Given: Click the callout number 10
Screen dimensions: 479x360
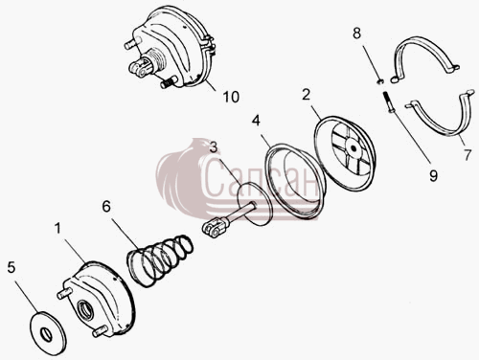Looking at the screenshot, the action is coord(231,97).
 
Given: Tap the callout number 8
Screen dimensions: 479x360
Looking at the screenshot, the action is coord(356,33).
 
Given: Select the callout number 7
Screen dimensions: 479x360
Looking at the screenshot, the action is coord(468,155).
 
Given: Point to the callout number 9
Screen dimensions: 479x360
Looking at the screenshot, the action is coord(433,175).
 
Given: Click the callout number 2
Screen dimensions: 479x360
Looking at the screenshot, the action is coord(306,95).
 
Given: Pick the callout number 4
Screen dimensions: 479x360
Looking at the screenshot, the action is coord(256,121).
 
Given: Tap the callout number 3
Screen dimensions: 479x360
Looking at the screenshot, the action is coord(214,147).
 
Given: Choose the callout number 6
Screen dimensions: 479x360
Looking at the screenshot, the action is coord(106,207).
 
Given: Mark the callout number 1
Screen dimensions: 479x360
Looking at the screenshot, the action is coord(57,229).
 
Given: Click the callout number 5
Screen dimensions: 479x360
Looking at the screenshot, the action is coord(11,267).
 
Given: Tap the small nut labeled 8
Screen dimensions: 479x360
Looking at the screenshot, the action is coord(379,81).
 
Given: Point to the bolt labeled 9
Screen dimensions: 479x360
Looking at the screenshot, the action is coord(388,101).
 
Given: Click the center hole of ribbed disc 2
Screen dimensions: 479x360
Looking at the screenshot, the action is coord(354,148).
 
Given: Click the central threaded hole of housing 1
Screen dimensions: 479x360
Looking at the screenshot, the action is coord(87,309).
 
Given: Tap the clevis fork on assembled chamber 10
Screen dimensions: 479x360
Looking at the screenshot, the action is coord(140,67).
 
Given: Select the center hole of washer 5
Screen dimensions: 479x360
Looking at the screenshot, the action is coord(47,334).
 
